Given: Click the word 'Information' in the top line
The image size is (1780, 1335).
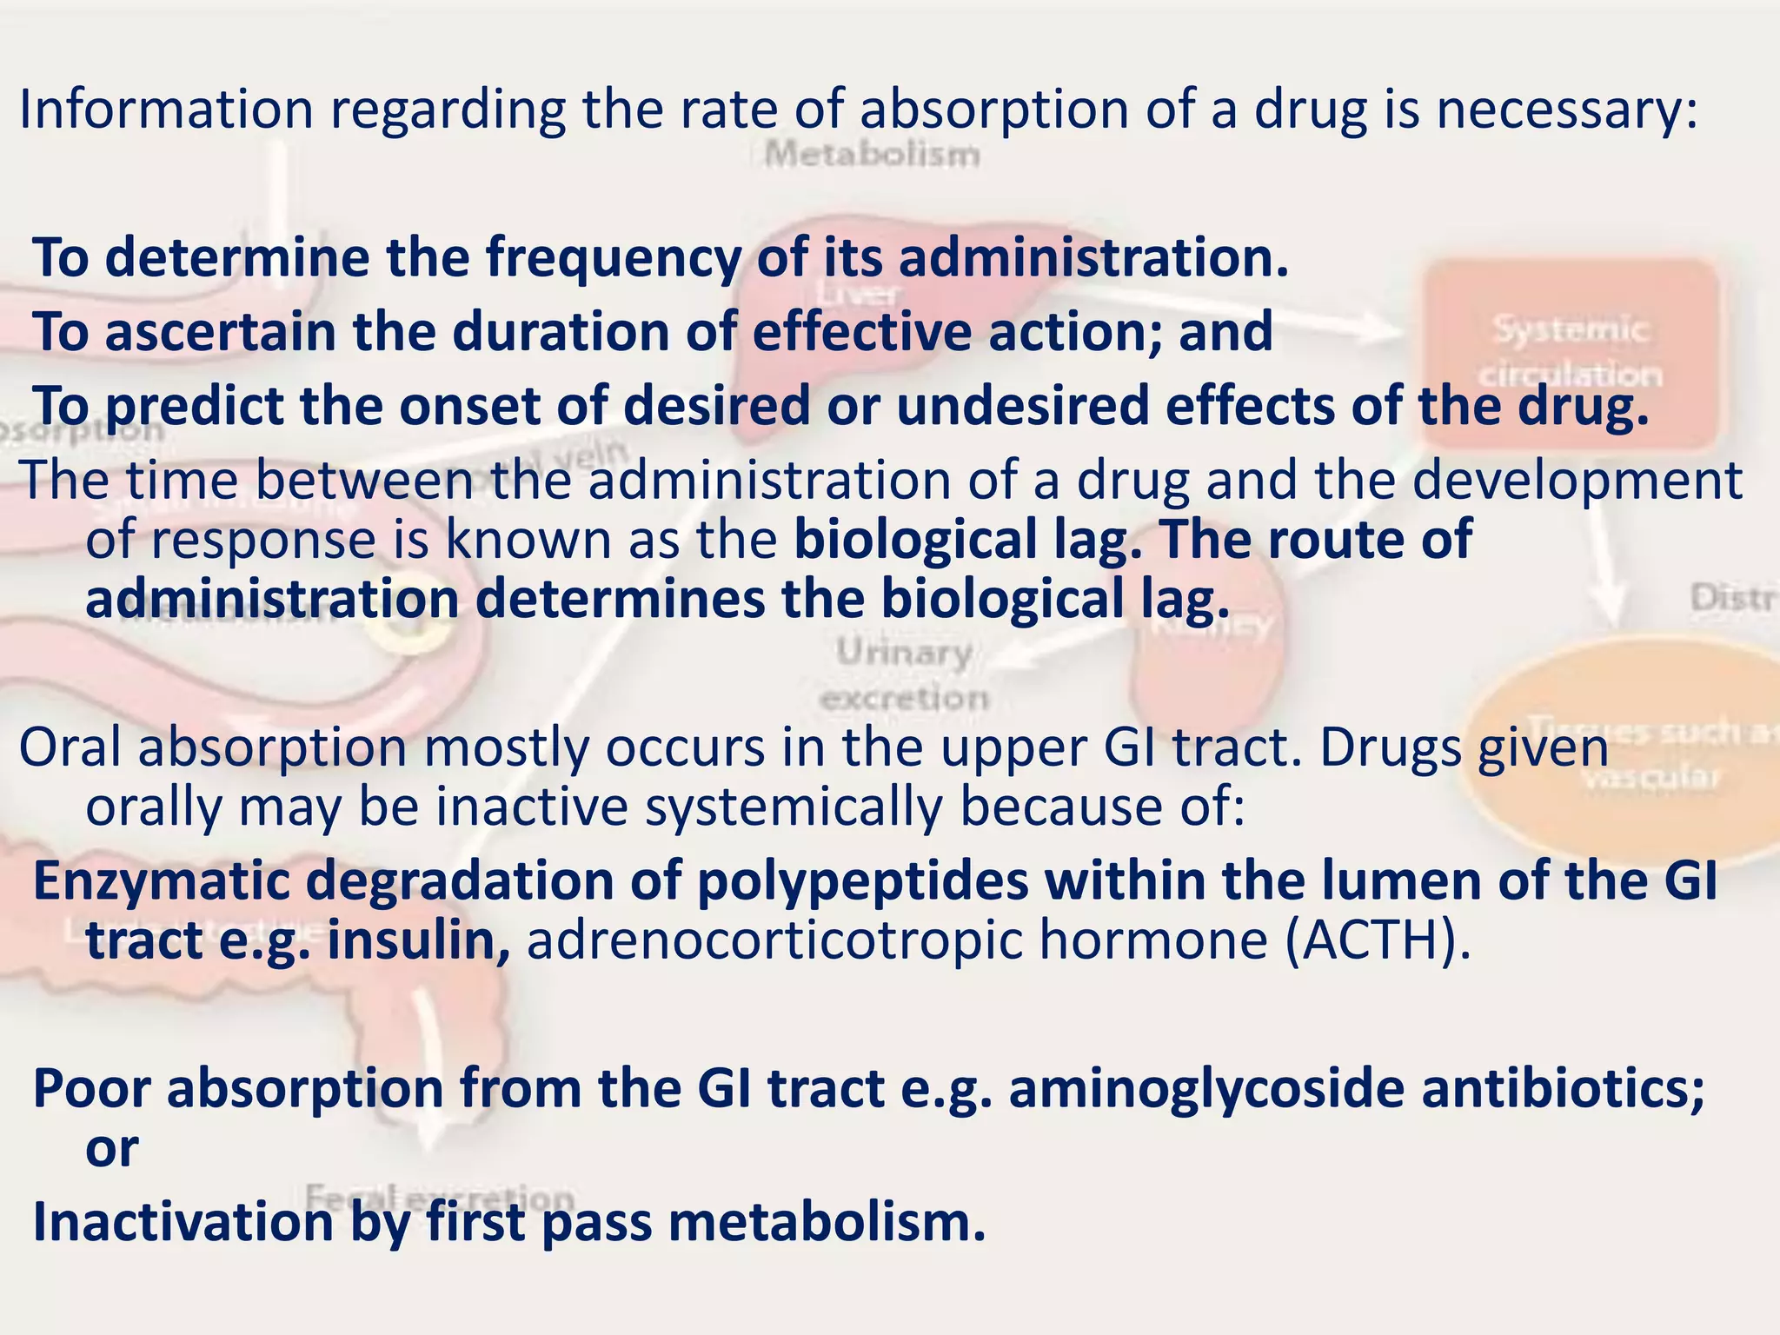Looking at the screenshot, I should (166, 110).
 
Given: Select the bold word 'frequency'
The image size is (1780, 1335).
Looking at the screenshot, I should (613, 258).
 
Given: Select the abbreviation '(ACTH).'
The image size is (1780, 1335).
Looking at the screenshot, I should (1378, 940).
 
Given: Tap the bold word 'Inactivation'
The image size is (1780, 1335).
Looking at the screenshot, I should (183, 1222).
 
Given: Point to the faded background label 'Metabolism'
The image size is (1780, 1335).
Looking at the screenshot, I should (872, 156).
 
